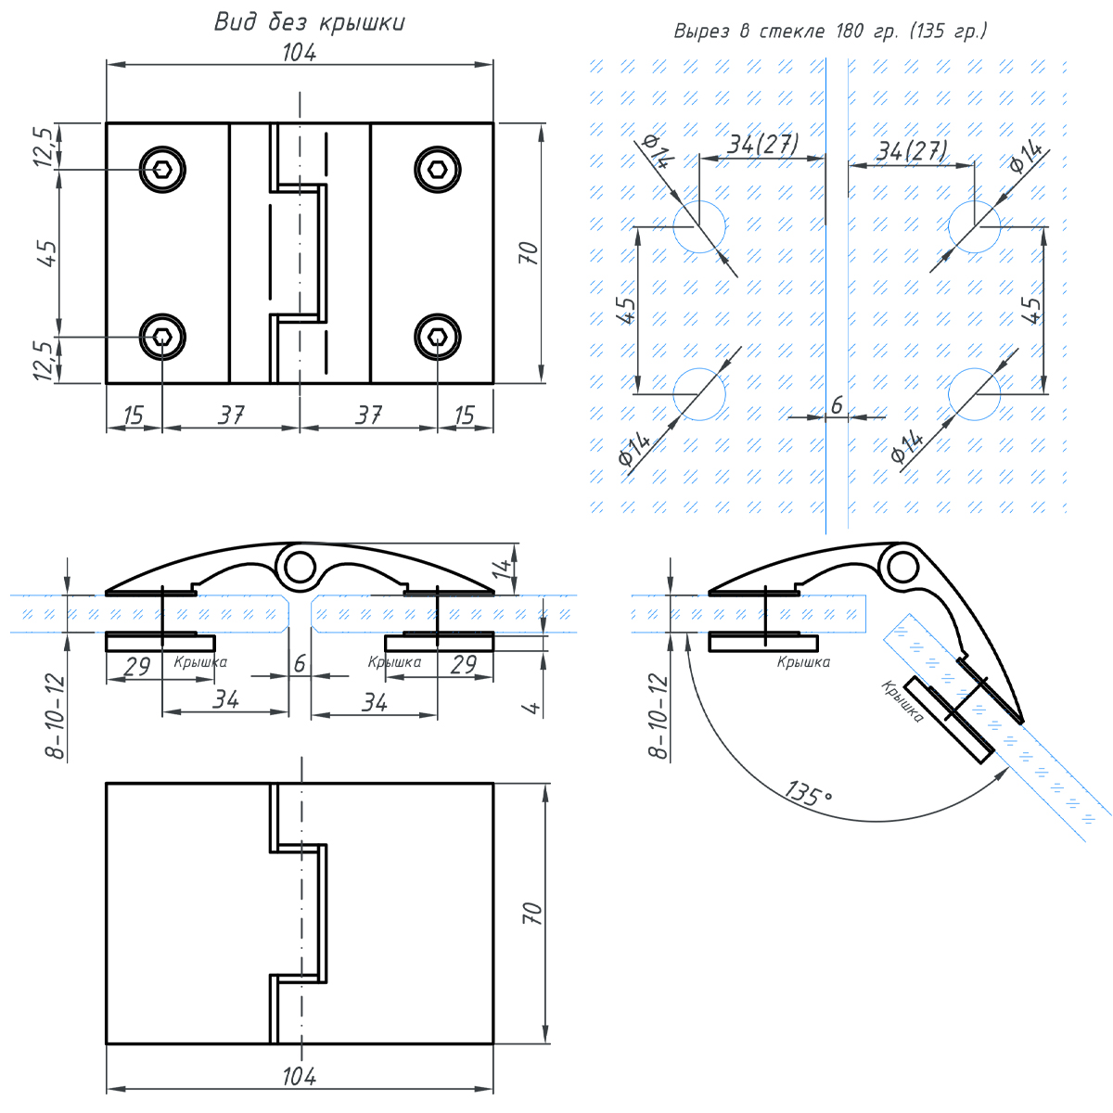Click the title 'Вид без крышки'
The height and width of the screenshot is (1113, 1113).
click(309, 22)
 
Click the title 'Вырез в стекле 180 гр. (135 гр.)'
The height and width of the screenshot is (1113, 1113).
click(830, 32)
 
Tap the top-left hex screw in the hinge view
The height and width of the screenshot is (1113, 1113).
click(162, 169)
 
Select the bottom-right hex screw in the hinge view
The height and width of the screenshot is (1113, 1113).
click(437, 338)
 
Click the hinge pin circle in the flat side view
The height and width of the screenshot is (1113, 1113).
click(300, 565)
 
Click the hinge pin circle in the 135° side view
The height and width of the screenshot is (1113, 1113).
click(898, 565)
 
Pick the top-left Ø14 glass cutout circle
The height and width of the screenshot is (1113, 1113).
click(699, 225)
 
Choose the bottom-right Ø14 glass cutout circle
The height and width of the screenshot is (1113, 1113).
click(974, 393)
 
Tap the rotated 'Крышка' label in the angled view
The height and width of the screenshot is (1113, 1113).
click(902, 701)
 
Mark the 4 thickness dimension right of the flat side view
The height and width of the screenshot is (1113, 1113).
click(531, 708)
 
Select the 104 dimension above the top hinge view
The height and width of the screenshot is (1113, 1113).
click(299, 53)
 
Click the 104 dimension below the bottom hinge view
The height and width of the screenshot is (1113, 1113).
click(299, 1076)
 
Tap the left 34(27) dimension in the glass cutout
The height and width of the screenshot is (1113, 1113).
click(762, 145)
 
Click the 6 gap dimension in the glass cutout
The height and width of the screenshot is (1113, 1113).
click(837, 405)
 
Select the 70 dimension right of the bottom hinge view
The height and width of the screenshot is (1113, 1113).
click(532, 913)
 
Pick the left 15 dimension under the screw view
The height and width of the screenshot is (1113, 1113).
click(134, 415)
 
